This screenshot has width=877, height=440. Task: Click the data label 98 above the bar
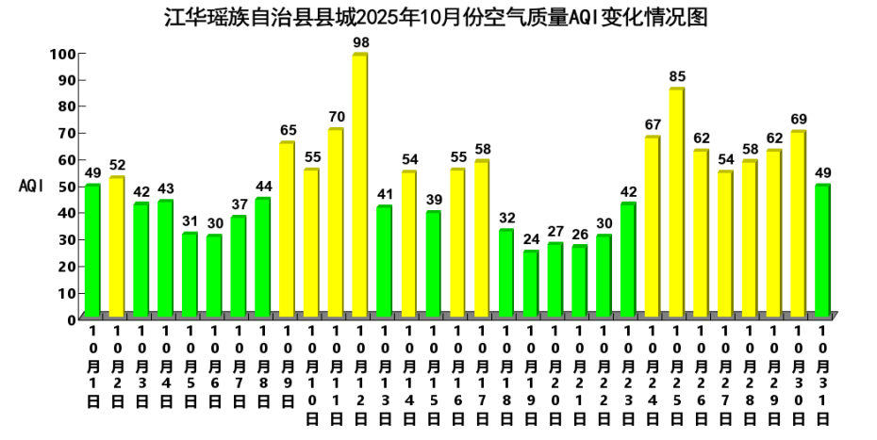point(360,42)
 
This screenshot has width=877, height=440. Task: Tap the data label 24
point(531,238)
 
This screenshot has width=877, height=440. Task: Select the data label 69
point(799,119)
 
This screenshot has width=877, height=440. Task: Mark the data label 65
point(288,130)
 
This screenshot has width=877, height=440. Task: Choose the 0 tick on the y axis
point(71,319)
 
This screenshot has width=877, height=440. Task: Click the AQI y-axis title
point(32,187)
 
